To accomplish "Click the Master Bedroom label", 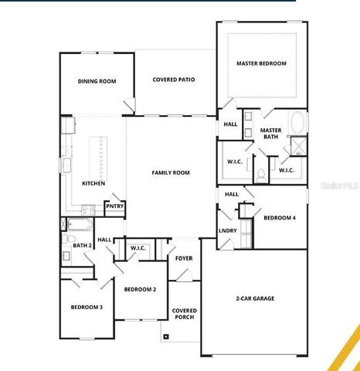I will pyautogui.click(x=262, y=63).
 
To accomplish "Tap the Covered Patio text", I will pyautogui.click(x=173, y=80).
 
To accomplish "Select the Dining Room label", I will pyautogui.click(x=97, y=80).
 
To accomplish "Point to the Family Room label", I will pyautogui.click(x=171, y=172).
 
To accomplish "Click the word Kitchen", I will pyautogui.click(x=93, y=183).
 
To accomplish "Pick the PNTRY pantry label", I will pyautogui.click(x=114, y=206).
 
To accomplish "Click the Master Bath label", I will pyautogui.click(x=270, y=133).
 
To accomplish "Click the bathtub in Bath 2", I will pyautogui.click(x=77, y=226).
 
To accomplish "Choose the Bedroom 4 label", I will pyautogui.click(x=279, y=218).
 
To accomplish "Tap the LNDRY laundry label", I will pyautogui.click(x=227, y=230).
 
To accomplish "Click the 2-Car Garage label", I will pyautogui.click(x=255, y=298).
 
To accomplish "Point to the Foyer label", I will pyautogui.click(x=184, y=259).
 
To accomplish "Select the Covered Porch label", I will pyautogui.click(x=184, y=313).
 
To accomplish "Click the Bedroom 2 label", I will pyautogui.click(x=140, y=289).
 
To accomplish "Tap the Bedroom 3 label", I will pyautogui.click(x=87, y=307).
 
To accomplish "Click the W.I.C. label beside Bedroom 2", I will pyautogui.click(x=138, y=248).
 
